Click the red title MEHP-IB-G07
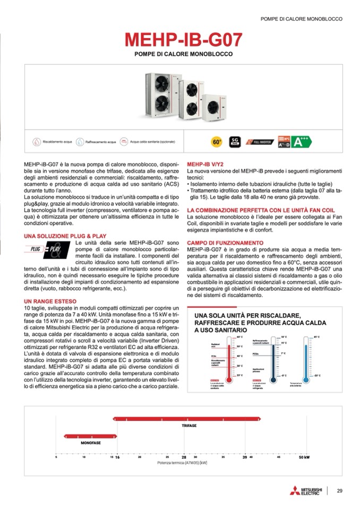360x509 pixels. [183, 40]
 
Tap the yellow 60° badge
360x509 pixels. [217, 142]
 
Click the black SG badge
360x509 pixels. [234, 142]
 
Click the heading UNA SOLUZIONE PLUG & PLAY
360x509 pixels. [65, 236]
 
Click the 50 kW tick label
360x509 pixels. [304, 456]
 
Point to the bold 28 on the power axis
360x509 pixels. [184, 457]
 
